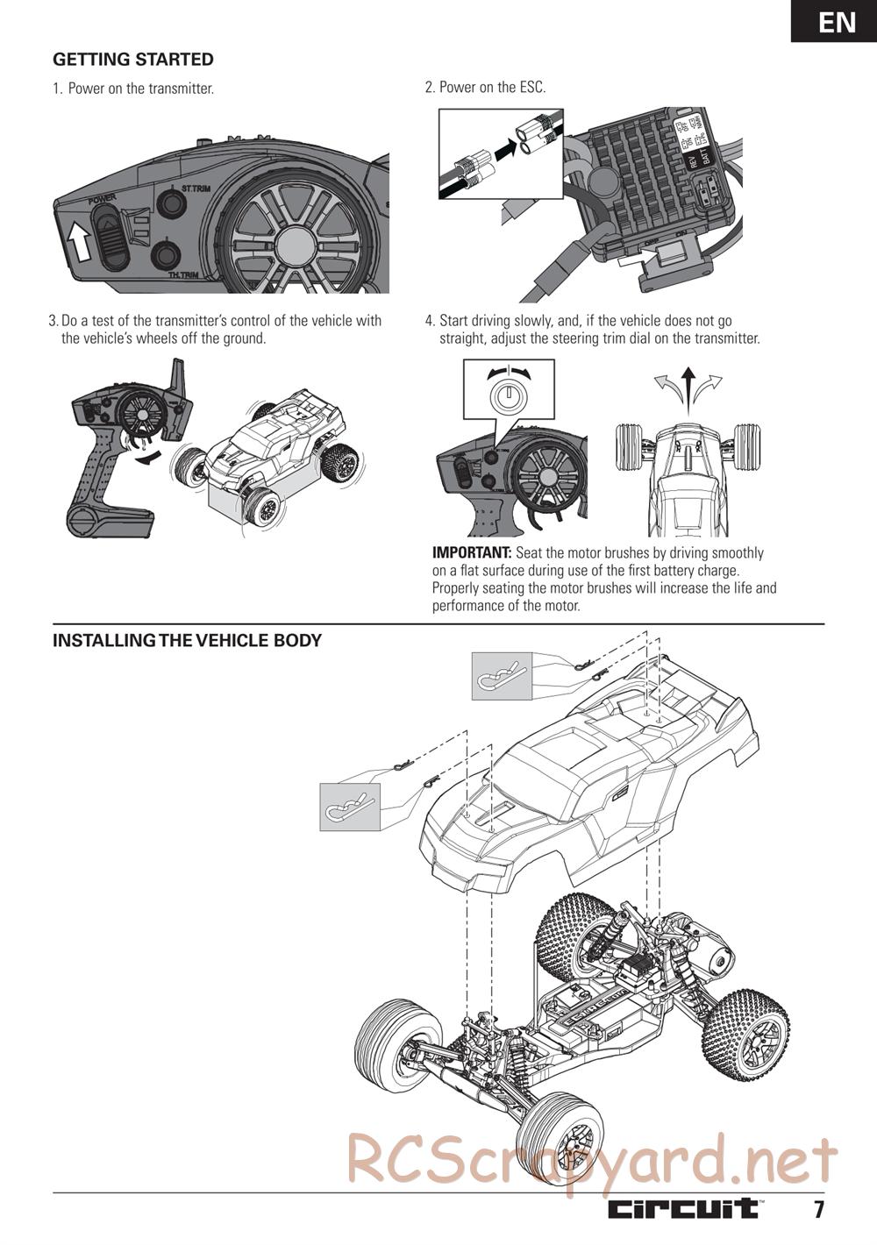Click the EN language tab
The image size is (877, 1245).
(837, 22)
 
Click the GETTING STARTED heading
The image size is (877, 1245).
(133, 60)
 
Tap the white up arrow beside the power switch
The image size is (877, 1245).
(79, 238)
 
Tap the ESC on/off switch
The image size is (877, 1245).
(666, 255)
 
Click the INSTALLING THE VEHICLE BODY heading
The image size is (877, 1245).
(187, 641)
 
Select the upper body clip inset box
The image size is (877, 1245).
(502, 675)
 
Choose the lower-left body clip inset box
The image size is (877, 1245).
(350, 806)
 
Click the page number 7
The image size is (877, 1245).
(818, 1210)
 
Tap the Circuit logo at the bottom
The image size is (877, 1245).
(685, 1209)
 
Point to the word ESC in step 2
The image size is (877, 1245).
(531, 88)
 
